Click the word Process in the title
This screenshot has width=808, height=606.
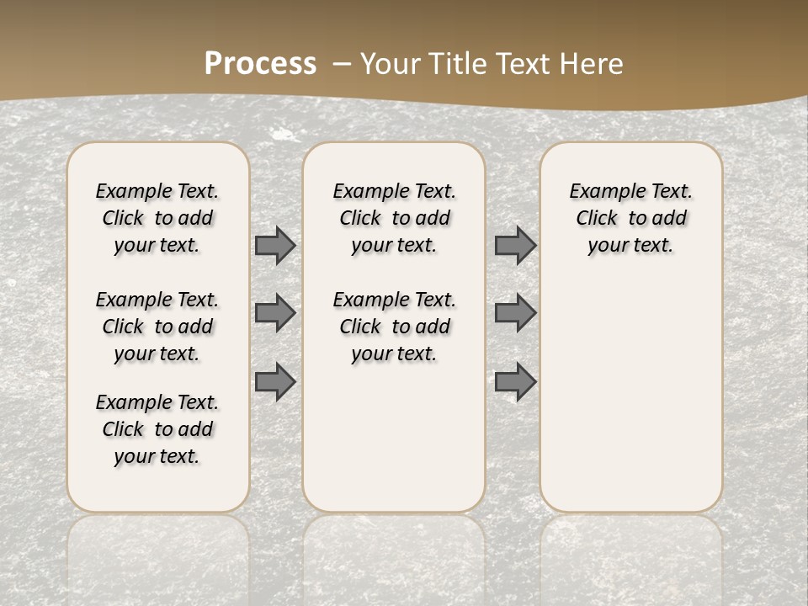[x=260, y=64]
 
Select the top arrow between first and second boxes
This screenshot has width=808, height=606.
[x=275, y=245]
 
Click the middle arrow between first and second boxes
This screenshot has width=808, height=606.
[x=275, y=313]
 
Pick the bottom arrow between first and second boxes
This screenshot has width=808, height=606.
[x=275, y=381]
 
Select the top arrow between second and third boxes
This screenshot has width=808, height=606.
[x=515, y=245]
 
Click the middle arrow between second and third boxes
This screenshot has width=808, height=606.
[x=515, y=313]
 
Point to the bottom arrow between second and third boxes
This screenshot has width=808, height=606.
[x=515, y=381]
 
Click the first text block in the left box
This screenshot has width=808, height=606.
[x=157, y=218]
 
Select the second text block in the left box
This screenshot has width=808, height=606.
[x=157, y=327]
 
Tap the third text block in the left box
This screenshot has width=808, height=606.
[x=157, y=429]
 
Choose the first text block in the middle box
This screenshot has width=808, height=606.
[x=394, y=218]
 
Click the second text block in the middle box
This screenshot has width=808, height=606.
[x=394, y=327]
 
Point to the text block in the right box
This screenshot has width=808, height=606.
[x=630, y=218]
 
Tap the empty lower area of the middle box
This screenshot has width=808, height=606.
[x=394, y=438]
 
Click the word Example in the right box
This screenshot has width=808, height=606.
[x=601, y=191]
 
